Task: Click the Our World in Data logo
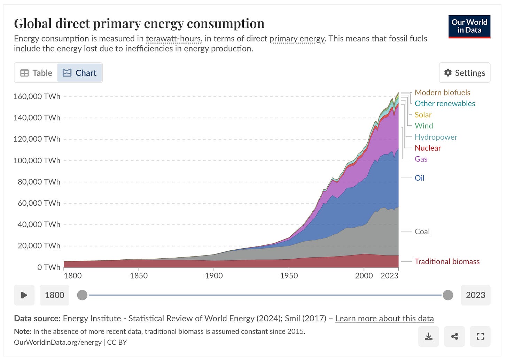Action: pos(469,26)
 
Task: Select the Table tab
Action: pos(36,73)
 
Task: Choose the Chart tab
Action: pos(80,73)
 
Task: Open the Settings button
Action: pos(465,73)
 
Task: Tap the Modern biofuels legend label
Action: pos(442,93)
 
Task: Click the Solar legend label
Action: pos(423,115)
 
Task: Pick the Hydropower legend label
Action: pos(436,137)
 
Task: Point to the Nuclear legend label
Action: pos(428,148)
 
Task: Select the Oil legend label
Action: pos(419,178)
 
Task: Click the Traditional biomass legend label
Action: pos(447,261)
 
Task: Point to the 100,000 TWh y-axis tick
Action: pos(37,161)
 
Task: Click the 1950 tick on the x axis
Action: pos(289,276)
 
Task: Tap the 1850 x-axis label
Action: pos(139,276)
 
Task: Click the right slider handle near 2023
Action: pos(448,295)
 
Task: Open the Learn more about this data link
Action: pos(384,319)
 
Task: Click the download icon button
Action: pos(429,336)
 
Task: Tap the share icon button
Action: pos(454,336)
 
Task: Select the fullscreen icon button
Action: pos(480,336)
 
